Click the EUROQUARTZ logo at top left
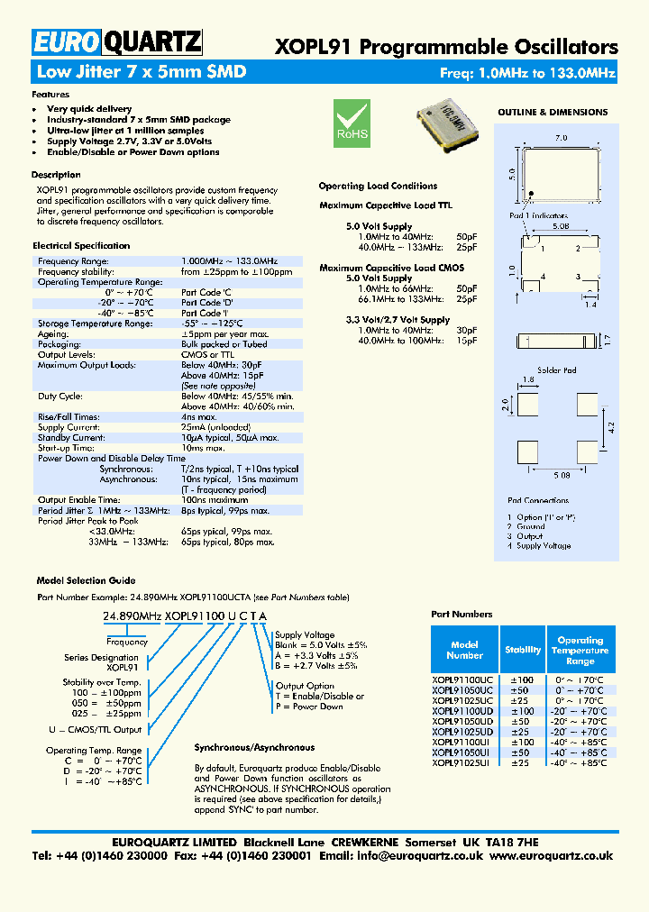click(x=116, y=41)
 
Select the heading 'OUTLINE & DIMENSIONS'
click(x=553, y=113)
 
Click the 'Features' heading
click(x=50, y=94)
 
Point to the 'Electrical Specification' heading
click(x=81, y=245)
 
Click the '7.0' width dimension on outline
click(x=561, y=138)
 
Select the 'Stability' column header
click(x=523, y=649)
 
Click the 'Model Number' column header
click(x=464, y=650)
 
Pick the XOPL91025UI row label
click(x=461, y=762)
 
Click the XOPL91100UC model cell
click(x=462, y=679)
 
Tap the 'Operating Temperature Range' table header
click(x=580, y=650)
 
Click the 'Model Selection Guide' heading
click(x=86, y=580)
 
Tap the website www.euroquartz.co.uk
click(x=552, y=855)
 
